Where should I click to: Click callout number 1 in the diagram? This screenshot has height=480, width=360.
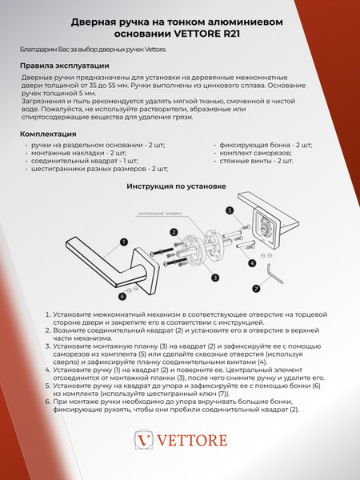(x=124, y=240)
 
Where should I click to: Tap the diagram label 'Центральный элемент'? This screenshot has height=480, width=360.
(x=157, y=214)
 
